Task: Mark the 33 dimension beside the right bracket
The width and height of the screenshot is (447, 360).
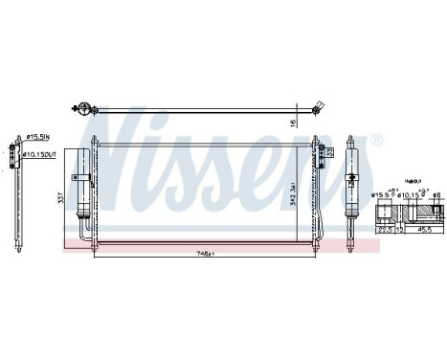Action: (x=331, y=151)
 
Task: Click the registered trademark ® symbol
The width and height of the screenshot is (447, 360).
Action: (x=376, y=140)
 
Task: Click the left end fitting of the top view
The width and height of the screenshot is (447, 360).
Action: (x=84, y=110)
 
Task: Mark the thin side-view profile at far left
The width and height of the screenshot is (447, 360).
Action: (x=12, y=196)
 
